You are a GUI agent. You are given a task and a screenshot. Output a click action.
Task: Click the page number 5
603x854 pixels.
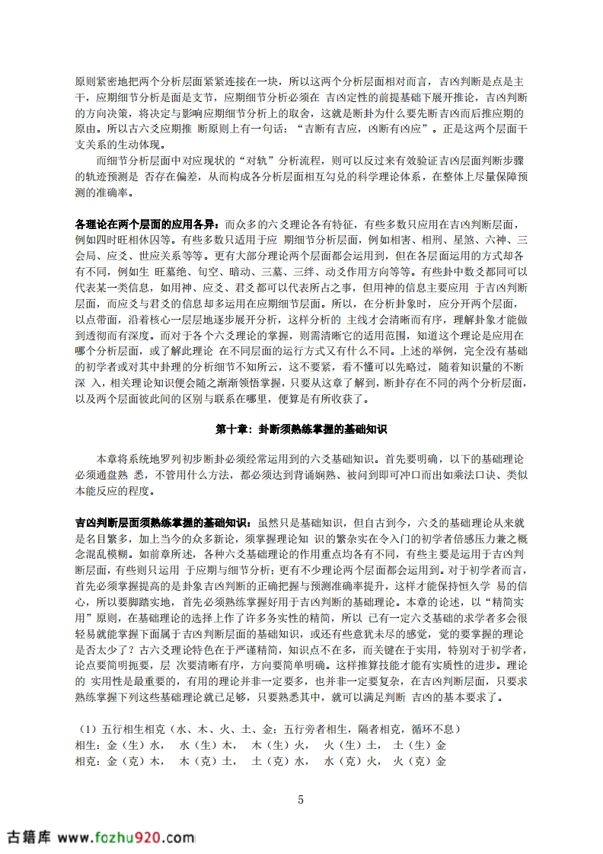tap(301, 799)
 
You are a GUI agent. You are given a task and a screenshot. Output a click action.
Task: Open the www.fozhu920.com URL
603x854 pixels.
tap(126, 838)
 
